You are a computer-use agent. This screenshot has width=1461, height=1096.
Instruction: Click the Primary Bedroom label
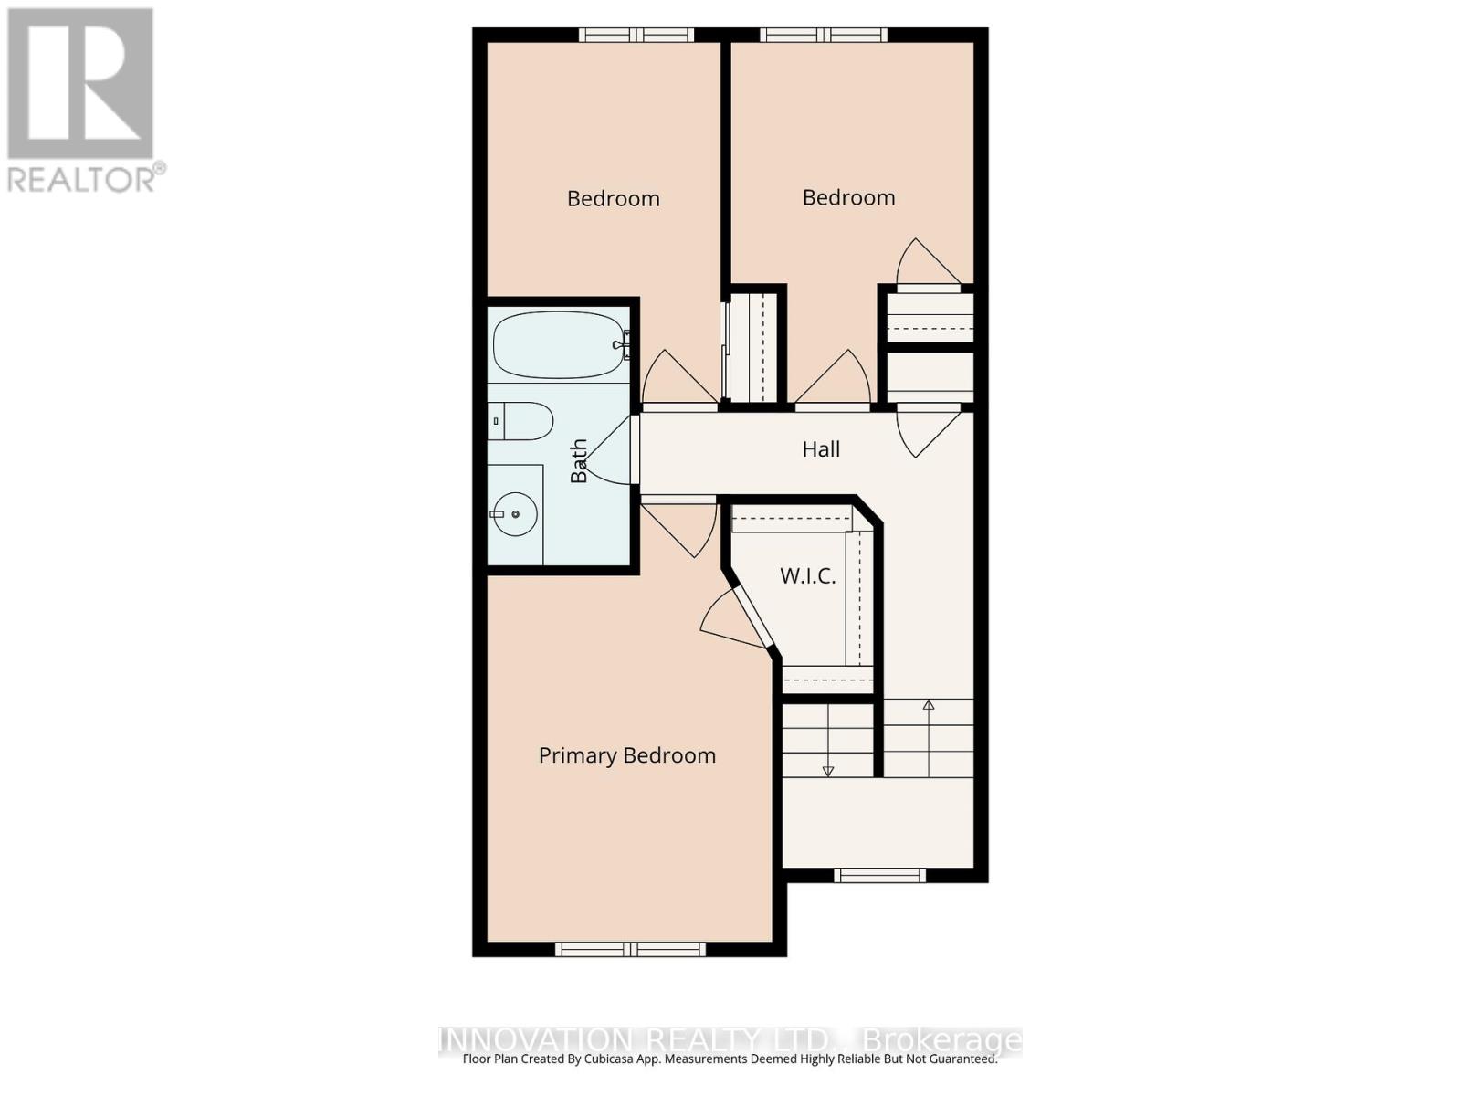626,755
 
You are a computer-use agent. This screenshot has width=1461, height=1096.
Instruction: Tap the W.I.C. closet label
807,576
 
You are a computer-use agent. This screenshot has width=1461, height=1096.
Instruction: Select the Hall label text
821,449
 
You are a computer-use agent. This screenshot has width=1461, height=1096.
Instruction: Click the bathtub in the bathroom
558,345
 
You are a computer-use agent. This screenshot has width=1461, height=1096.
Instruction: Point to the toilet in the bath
521,421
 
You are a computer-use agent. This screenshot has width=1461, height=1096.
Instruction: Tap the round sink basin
515,514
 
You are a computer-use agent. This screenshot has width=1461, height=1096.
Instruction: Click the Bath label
579,460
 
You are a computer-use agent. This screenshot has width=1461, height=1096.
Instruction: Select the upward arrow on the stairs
929,705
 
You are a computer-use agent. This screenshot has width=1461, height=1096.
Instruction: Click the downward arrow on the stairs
828,770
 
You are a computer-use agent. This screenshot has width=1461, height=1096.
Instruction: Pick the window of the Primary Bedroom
631,950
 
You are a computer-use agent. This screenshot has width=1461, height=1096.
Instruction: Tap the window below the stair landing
880,876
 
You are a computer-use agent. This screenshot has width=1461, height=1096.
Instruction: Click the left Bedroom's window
636,35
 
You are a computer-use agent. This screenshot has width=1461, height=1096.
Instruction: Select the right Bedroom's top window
824,35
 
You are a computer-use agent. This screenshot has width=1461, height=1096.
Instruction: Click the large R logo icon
80,83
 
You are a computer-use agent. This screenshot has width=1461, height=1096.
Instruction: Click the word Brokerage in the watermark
941,1040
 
